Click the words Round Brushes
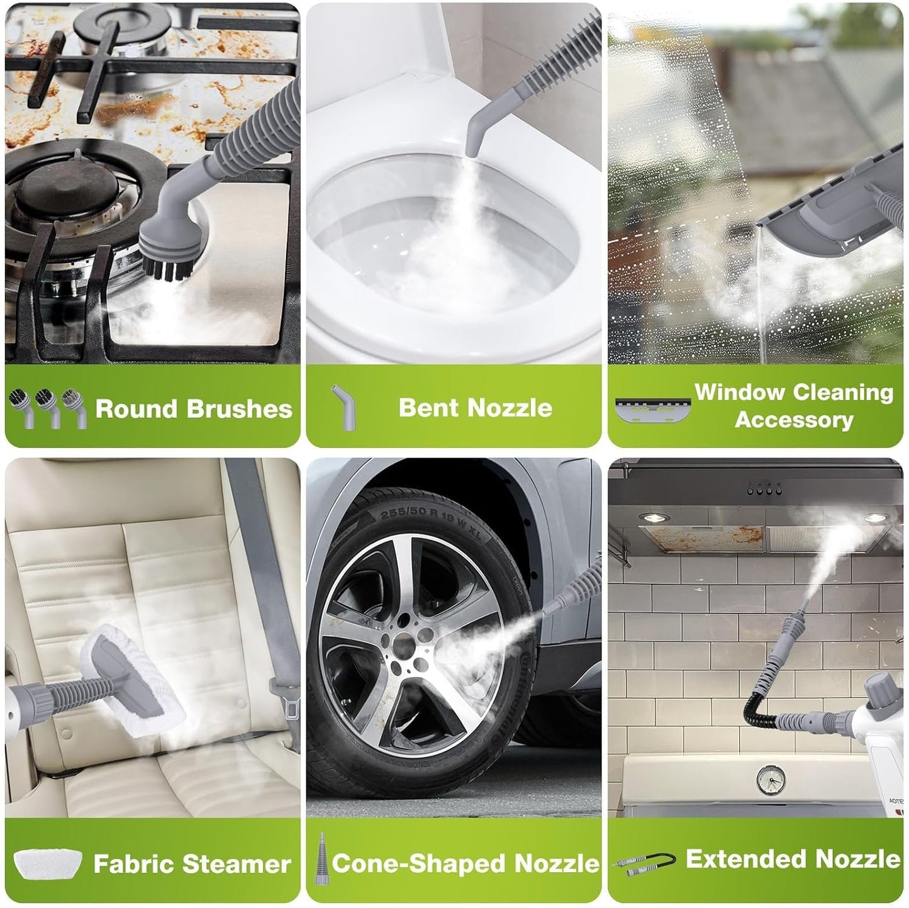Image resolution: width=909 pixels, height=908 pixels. [194, 409]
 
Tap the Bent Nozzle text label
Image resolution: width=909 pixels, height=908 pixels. [475, 408]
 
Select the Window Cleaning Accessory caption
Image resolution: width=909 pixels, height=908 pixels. [794, 406]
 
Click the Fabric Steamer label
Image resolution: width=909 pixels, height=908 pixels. [192, 864]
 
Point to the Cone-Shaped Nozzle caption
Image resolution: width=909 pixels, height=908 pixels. [466, 863]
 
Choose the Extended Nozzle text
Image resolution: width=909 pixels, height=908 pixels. [793, 859]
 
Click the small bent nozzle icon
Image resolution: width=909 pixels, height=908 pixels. [343, 408]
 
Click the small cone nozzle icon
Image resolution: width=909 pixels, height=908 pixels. [321, 858]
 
